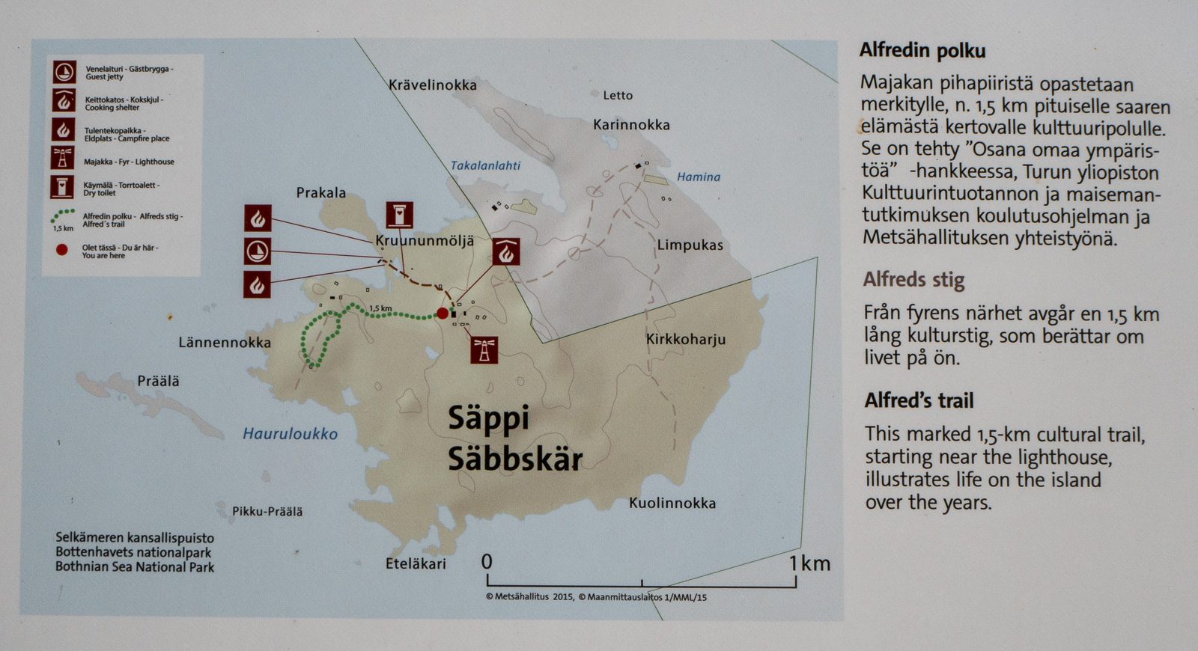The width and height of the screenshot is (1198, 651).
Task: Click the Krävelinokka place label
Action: pyautogui.click(x=432, y=85)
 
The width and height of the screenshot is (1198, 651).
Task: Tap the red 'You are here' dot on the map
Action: pyautogui.click(x=443, y=314)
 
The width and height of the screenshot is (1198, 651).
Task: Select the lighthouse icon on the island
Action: pyautogui.click(x=484, y=349)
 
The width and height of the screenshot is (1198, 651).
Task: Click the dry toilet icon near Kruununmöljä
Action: pyautogui.click(x=399, y=216)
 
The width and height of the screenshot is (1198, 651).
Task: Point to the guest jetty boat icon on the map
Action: pyautogui.click(x=258, y=251)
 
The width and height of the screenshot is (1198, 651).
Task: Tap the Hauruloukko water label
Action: pyautogui.click(x=290, y=434)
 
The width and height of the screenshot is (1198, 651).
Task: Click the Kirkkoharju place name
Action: pyautogui.click(x=686, y=340)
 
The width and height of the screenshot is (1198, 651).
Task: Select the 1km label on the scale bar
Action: pyautogui.click(x=809, y=563)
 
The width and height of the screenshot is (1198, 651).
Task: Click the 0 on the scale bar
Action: pyautogui.click(x=487, y=561)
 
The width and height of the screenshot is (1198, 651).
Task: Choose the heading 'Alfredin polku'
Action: pyautogui.click(x=922, y=51)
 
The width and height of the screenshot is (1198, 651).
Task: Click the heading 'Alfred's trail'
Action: pyautogui.click(x=919, y=401)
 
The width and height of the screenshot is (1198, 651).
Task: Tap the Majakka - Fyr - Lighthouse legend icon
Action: pyautogui.click(x=64, y=159)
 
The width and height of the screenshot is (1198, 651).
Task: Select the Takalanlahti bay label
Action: pyautogui.click(x=485, y=165)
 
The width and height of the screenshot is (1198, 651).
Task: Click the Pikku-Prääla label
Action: pyautogui.click(x=267, y=512)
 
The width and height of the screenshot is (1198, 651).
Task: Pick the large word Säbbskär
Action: pyautogui.click(x=514, y=459)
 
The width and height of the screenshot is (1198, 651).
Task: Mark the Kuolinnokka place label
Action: pyautogui.click(x=672, y=504)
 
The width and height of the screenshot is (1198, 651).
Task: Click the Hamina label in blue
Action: pyautogui.click(x=698, y=177)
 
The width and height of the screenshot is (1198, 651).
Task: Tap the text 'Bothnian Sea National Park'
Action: pyautogui.click(x=135, y=567)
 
